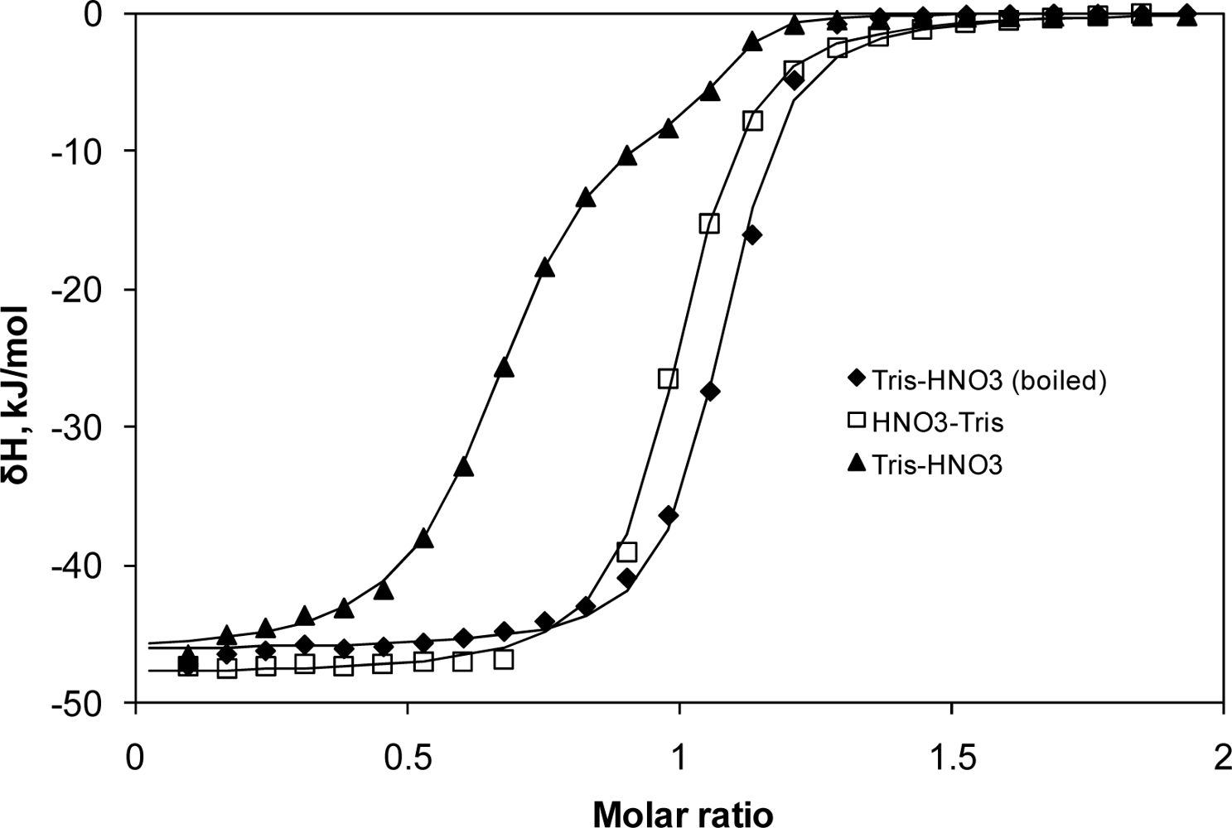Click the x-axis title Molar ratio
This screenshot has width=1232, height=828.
coord(683,813)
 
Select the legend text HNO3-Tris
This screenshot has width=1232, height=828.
coord(937,423)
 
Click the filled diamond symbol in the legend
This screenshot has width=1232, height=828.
coord(854,380)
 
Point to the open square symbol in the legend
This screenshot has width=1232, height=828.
coord(854,423)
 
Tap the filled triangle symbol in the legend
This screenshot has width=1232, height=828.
coord(854,465)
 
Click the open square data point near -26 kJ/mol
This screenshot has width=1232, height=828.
coord(668,378)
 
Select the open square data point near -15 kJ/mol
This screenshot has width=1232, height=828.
coord(709,223)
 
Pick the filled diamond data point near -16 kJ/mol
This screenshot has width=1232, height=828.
coord(752,235)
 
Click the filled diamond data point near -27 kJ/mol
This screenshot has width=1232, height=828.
coord(710,392)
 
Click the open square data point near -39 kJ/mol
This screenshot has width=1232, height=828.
coord(627,551)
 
